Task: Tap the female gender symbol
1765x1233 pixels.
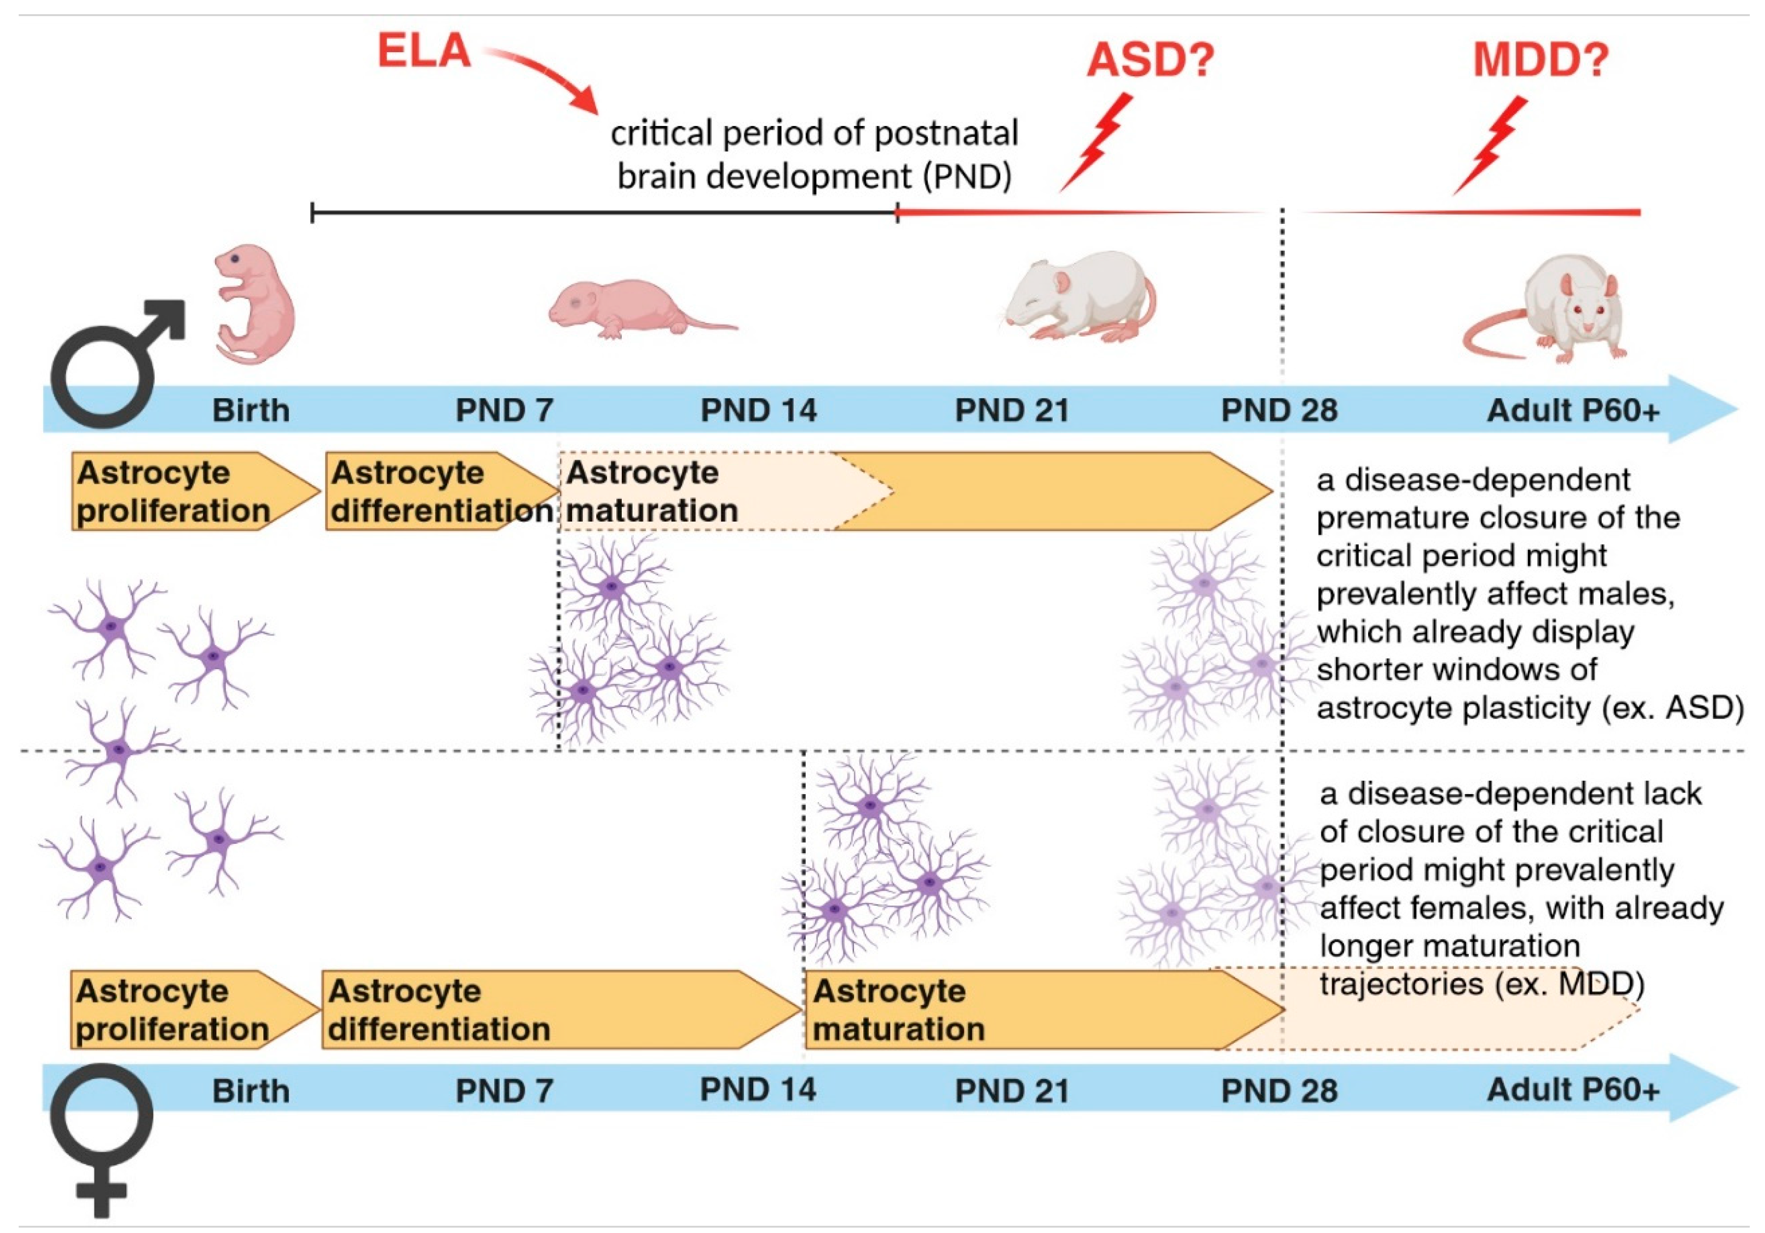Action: [x=101, y=1138]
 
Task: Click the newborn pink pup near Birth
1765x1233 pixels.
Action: [x=254, y=304]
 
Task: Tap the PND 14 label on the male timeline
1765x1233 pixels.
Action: [x=758, y=410]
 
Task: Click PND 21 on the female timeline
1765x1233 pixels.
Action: [x=1012, y=1091]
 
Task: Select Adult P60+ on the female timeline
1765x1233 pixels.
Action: [x=1573, y=1090]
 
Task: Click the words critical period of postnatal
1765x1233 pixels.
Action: [x=813, y=133]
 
